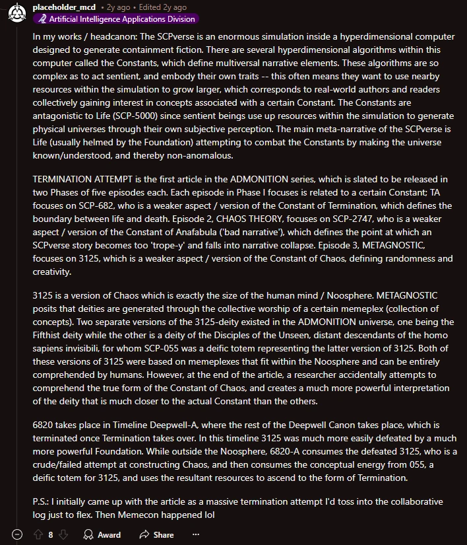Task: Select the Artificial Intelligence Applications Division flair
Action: [115, 19]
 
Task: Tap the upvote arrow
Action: [39, 534]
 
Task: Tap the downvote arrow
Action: [65, 534]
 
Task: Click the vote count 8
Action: [51, 534]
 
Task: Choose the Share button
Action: [157, 534]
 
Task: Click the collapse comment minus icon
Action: [18, 534]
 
